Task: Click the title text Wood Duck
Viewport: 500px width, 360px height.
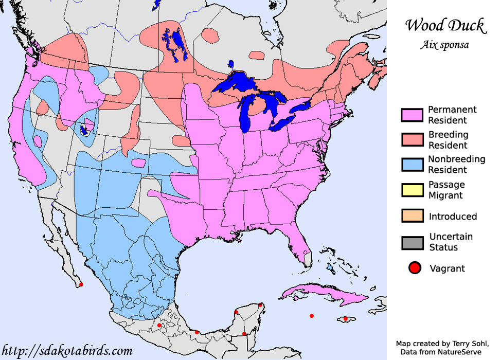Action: click(x=445, y=26)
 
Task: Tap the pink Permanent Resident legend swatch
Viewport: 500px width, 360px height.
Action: click(x=412, y=115)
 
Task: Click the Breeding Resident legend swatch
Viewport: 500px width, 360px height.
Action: click(x=412, y=140)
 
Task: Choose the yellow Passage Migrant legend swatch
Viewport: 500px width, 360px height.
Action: click(x=412, y=190)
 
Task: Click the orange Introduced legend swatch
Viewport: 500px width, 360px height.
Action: click(x=412, y=216)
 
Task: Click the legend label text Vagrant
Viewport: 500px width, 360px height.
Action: click(x=447, y=268)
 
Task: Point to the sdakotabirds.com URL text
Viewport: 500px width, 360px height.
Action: click(x=67, y=351)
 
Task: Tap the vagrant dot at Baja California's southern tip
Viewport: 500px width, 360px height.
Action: click(x=81, y=284)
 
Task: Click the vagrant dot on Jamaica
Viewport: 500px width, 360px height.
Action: click(x=346, y=319)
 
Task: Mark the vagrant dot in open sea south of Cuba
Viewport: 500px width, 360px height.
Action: click(x=311, y=316)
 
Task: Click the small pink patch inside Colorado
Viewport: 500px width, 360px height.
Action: click(x=138, y=163)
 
